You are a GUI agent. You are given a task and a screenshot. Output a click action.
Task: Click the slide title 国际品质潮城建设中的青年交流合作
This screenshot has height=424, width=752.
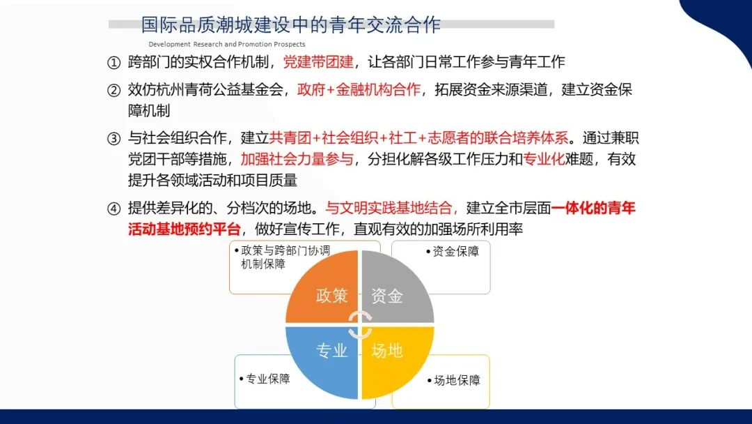(290, 25)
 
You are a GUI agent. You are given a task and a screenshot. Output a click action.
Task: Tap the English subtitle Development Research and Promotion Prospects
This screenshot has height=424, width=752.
(227, 44)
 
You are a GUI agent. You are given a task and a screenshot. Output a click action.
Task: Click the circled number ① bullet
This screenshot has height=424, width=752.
(113, 63)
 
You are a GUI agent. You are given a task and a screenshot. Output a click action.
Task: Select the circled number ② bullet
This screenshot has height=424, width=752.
(113, 90)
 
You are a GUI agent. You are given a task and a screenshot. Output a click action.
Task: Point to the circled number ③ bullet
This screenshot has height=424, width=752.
(113, 139)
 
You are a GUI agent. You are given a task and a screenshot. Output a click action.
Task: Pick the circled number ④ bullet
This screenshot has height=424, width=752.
(113, 209)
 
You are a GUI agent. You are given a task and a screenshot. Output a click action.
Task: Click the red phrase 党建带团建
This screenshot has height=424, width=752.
(318, 62)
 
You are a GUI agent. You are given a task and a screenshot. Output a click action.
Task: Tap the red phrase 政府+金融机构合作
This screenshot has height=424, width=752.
(359, 90)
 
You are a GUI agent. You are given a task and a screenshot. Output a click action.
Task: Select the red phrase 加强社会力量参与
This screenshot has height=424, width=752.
(297, 159)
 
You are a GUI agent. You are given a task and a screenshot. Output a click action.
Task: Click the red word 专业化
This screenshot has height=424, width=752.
(544, 159)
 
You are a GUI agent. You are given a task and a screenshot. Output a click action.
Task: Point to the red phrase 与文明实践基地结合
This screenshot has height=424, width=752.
(389, 208)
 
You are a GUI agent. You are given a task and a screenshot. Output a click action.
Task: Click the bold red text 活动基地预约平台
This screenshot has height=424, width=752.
(184, 229)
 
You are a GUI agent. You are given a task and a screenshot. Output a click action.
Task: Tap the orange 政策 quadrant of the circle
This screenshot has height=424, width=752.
(326, 291)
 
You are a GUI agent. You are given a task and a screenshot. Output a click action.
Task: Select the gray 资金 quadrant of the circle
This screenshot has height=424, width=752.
(393, 291)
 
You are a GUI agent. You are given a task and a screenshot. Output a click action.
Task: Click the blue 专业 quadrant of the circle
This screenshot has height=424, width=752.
(326, 358)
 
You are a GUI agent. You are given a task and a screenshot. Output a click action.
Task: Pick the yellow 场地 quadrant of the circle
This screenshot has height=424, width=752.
(393, 358)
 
